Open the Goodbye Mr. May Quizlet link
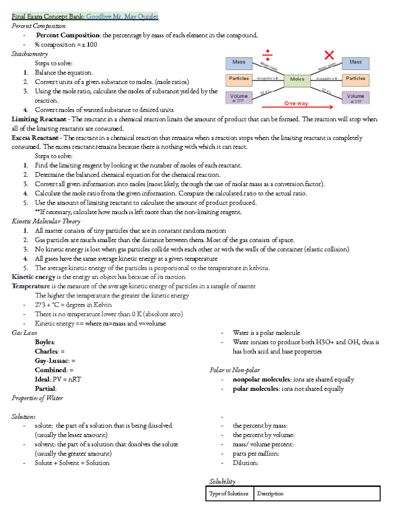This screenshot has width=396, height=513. click(122, 17)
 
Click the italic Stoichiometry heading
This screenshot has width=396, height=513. click(30, 54)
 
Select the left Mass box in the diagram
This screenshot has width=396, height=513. click(239, 63)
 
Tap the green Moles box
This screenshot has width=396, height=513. click(297, 80)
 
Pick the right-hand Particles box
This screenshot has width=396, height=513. click(355, 80)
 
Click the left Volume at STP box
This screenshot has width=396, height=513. click(239, 98)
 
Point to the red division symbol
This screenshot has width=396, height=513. click(267, 54)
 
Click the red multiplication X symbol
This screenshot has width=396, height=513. click(329, 55)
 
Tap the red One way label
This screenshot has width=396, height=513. click(296, 103)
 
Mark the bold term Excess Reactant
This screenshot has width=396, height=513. click(35, 138)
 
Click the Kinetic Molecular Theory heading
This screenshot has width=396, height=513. click(46, 221)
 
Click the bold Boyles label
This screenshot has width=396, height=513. click(45, 342)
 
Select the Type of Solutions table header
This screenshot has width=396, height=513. click(229, 494)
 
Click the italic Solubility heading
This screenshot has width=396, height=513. click(222, 482)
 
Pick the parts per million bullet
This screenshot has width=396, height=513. click(256, 454)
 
